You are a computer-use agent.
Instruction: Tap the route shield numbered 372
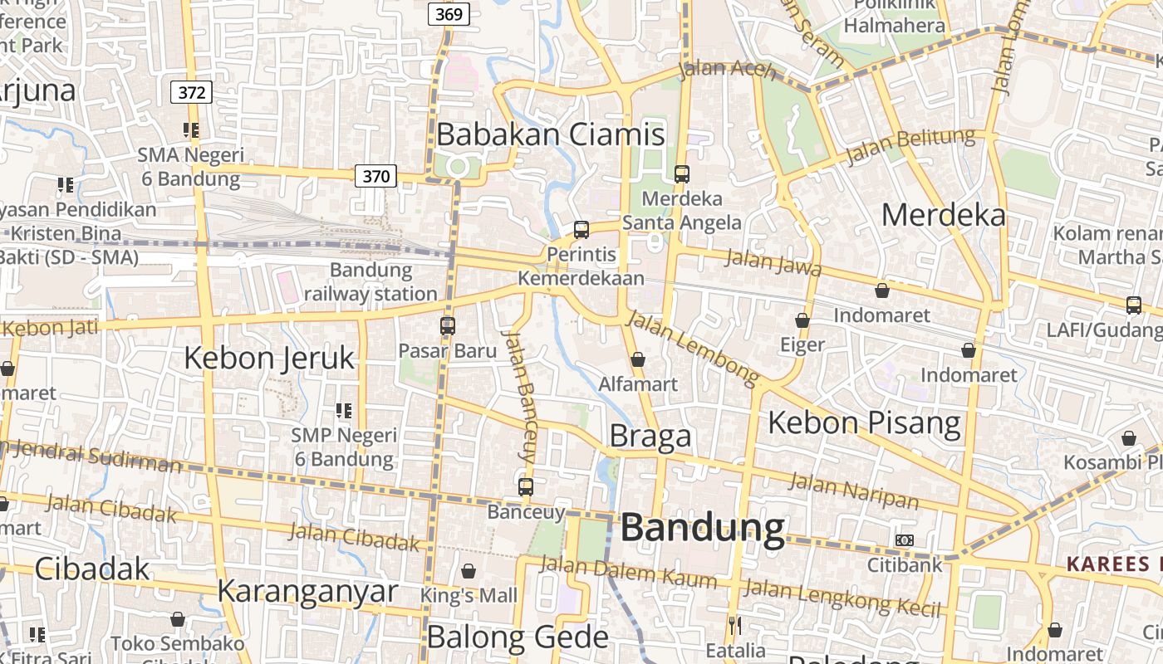point(191,92)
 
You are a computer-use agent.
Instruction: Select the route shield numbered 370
point(375,176)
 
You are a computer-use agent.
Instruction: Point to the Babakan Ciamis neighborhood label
point(551,134)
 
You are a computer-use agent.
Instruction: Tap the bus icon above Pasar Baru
point(448,326)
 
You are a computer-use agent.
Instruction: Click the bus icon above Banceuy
point(526,487)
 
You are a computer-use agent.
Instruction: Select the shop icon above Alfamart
point(638,359)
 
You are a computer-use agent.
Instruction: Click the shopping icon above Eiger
point(802,320)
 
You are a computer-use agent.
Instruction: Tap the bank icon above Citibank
point(905,540)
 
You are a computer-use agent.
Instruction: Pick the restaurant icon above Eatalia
point(734,625)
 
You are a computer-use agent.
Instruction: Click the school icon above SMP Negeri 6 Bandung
point(344,410)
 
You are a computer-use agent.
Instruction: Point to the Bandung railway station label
point(370,281)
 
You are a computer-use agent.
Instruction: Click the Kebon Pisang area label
point(864,422)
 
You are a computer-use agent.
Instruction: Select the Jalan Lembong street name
point(693,348)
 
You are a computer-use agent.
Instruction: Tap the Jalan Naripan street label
point(854,490)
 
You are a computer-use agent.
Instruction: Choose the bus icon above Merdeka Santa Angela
point(682,174)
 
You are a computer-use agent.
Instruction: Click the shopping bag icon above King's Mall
point(469,571)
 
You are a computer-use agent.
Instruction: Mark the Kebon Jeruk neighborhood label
point(268,358)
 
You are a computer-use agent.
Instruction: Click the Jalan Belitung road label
point(910,146)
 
